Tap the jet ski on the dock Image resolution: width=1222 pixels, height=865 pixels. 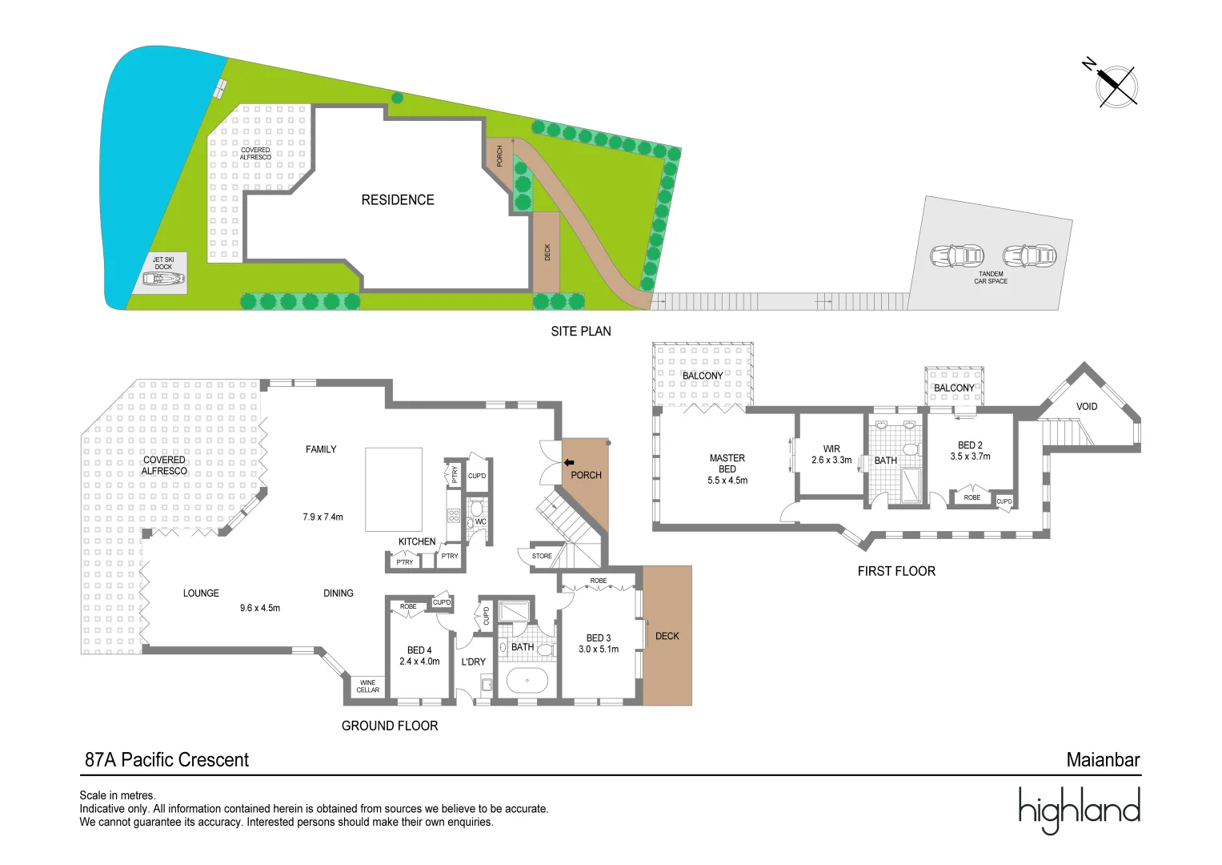point(163,279)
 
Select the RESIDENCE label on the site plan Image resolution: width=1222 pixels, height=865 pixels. point(398,200)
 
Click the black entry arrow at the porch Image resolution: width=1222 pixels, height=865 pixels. point(569,462)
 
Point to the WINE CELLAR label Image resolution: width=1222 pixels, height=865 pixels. point(368,686)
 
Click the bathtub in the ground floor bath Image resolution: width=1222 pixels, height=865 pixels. point(527,681)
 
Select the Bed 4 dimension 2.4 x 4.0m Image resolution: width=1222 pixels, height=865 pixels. point(419,662)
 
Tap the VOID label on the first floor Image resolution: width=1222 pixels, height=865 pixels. point(1086,406)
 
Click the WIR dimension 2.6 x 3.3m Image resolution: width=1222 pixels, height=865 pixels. point(831,461)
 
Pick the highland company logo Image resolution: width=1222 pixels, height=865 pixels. point(1079,810)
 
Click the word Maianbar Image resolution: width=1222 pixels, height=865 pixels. point(1103,760)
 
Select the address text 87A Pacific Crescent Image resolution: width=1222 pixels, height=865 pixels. point(166,760)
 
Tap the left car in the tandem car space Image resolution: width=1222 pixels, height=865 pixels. point(956,256)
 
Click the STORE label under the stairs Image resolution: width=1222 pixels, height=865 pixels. point(542,556)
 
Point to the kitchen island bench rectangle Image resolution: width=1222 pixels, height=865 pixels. point(393,489)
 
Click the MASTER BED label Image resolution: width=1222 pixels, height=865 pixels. point(727,464)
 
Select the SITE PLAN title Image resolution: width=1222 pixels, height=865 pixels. point(580,332)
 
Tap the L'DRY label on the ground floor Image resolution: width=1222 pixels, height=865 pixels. point(473,662)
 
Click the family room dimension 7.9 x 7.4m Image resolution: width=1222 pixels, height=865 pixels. point(323,517)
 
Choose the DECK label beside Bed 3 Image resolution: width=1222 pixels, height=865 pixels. point(667,636)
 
